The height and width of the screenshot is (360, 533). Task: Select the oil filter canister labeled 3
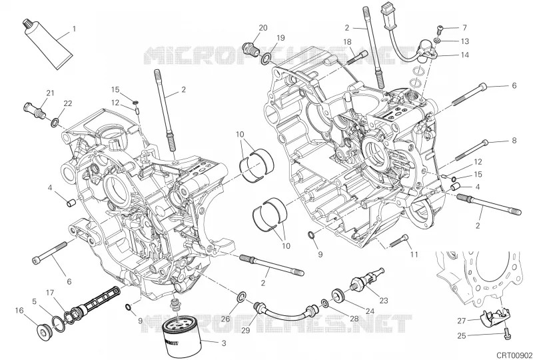point(179,339)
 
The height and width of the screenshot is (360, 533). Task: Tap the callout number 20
point(263,28)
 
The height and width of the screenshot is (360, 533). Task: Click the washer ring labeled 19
point(266,59)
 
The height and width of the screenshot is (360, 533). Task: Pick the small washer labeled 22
point(55,123)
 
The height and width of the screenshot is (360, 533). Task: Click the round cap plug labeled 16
point(43,331)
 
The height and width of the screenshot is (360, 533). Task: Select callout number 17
point(50,293)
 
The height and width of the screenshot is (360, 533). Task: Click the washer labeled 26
point(242,297)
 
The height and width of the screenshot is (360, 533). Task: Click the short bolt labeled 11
point(398,241)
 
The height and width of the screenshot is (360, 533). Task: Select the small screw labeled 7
point(439,29)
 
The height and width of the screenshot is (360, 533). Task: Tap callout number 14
point(464,55)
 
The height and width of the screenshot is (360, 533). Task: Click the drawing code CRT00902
point(513,354)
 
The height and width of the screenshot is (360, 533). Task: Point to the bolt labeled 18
point(358,57)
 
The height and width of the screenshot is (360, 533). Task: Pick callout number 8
point(514,140)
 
